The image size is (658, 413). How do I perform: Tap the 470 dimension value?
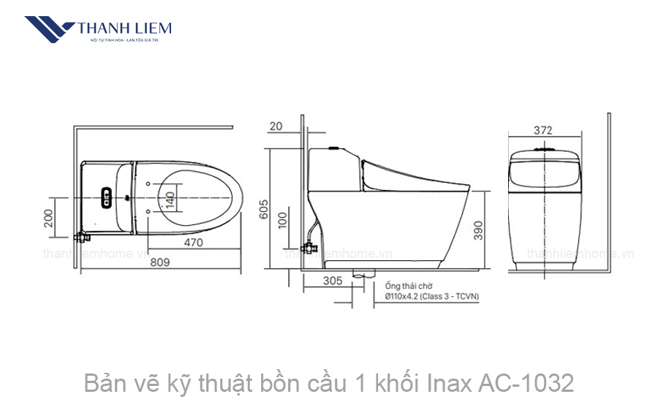pos(193,242)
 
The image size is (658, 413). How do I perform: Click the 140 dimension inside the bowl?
pos(170,200)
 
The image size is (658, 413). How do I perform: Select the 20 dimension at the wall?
pos(276,126)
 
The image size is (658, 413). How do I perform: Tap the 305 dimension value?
pos(332,280)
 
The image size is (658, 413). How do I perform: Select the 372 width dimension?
pos(542,131)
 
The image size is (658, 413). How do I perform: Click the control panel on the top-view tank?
pos(105,197)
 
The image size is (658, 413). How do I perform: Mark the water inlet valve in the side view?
pos(310,245)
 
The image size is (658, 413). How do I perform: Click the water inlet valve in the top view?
pos(82,237)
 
